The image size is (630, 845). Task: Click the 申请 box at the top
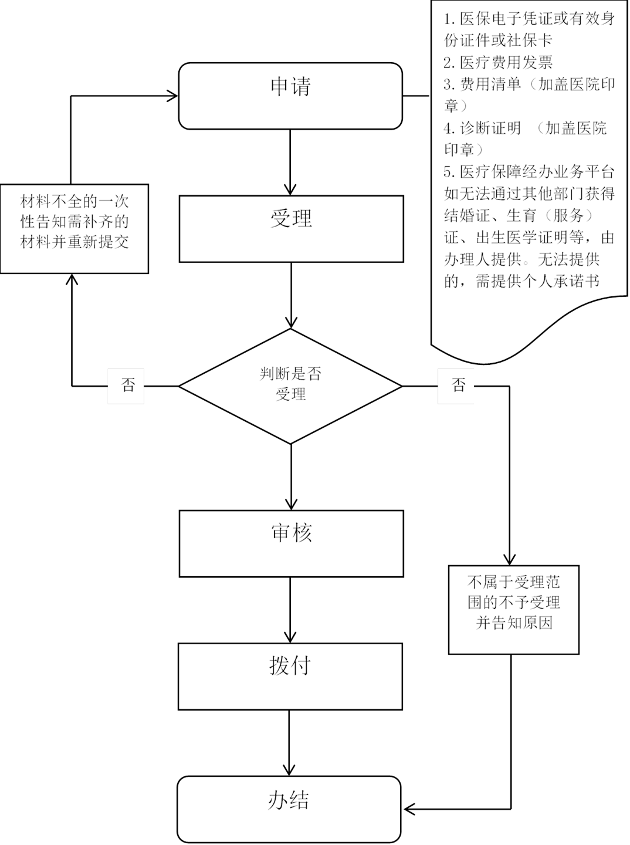point(290,96)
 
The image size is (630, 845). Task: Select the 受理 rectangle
point(291,228)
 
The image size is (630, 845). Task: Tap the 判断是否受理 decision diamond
point(290,386)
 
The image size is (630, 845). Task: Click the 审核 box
point(291,543)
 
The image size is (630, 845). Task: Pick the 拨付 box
point(290,676)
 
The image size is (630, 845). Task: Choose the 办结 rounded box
point(289,809)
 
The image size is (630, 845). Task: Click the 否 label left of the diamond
point(126,386)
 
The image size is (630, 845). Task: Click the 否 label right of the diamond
point(456,386)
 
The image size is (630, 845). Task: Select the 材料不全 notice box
point(74,228)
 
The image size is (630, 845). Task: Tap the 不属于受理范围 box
point(513,609)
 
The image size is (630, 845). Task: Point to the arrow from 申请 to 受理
point(290,161)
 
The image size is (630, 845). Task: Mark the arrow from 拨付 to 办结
point(289,742)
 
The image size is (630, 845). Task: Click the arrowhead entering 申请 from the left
point(172,96)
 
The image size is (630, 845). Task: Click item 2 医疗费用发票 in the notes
point(498,62)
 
